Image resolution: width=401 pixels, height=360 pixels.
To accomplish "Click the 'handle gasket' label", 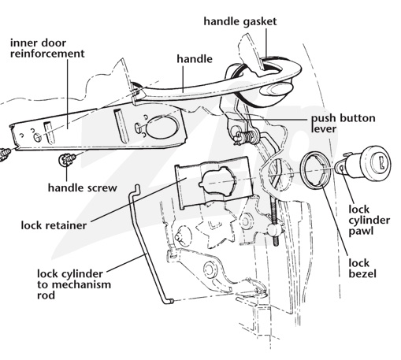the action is pos(240,21).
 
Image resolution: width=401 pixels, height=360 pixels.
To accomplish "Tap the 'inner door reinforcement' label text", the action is pos(47,48).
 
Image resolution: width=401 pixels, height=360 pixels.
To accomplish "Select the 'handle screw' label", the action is pos(83,187).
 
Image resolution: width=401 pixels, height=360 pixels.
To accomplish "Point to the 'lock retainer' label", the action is pos(54,225).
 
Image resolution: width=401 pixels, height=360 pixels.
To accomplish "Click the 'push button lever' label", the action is pos(343,124).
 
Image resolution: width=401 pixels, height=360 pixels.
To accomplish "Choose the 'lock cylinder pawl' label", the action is pos(369,220).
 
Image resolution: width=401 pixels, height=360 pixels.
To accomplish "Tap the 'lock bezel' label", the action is pos(362,268).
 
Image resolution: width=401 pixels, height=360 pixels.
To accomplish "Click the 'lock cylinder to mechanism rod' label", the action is pos(74,284).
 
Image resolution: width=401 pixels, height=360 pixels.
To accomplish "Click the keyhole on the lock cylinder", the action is pos(382,162).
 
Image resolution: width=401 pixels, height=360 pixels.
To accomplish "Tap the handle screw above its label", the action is pos(68,159).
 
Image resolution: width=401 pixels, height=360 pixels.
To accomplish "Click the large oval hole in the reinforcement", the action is pos(162,127).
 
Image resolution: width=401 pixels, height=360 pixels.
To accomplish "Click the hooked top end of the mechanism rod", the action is pos(136,188).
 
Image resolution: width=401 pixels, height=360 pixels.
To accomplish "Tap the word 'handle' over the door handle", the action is pos(195,59).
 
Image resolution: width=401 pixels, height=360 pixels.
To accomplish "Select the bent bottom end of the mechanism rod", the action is pos(169,302).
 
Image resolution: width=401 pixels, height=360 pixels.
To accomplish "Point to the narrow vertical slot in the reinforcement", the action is pos(121,125).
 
